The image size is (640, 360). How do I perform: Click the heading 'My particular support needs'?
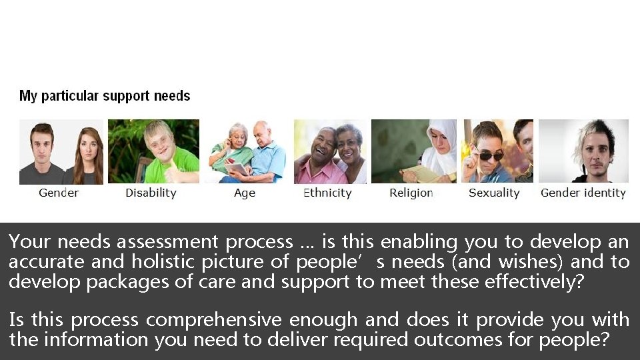pos(105,96)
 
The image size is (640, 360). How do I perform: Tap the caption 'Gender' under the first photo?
pos(59,193)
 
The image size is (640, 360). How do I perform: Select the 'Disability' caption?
pos(151,193)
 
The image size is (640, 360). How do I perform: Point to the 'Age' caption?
pos(245,193)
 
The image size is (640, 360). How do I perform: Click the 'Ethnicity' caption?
pos(327,193)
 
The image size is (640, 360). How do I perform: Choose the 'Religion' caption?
pos(411,193)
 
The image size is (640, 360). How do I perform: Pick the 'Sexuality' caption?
pos(494,193)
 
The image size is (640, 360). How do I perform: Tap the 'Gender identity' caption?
pos(583,193)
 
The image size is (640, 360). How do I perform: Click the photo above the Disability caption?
pos(153,151)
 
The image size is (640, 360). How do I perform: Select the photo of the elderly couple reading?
pos(246,151)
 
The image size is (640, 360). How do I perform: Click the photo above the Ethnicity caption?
pos(330,151)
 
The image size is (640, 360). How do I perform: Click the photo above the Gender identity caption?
pos(583,151)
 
